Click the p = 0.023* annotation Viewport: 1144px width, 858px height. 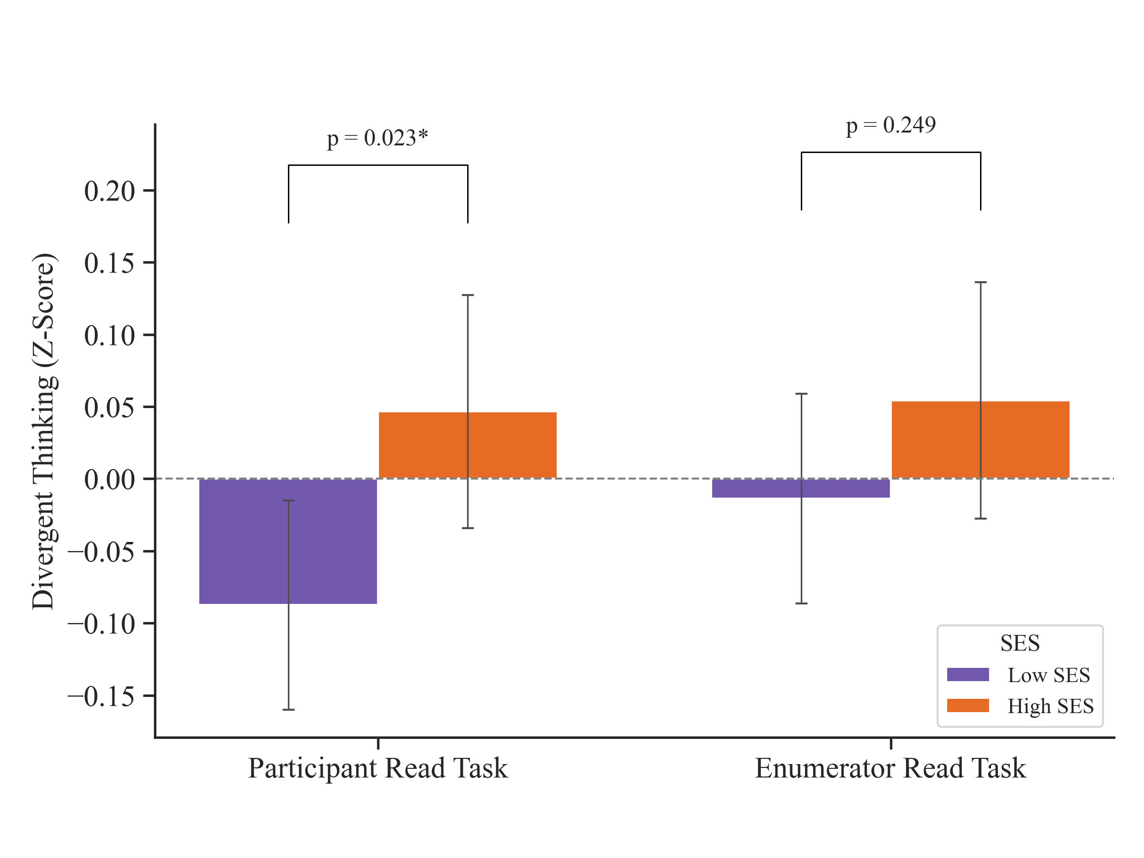[x=378, y=138]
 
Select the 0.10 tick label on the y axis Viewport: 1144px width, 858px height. [x=109, y=336]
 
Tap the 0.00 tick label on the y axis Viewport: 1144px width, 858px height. [x=109, y=480]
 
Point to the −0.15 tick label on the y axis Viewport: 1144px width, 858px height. [x=102, y=696]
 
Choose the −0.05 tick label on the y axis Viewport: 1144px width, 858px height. [x=102, y=552]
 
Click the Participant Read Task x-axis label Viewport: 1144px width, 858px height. [x=378, y=768]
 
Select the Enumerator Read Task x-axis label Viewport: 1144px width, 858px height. [x=890, y=768]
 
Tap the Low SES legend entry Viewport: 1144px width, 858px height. [x=1048, y=675]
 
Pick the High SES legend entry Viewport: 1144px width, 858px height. [x=1050, y=706]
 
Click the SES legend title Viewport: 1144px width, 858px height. [x=1020, y=643]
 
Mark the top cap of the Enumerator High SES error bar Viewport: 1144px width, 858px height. [x=981, y=282]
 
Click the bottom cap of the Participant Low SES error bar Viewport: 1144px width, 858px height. [x=288, y=710]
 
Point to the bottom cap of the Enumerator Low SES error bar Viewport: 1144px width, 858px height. [x=802, y=603]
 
